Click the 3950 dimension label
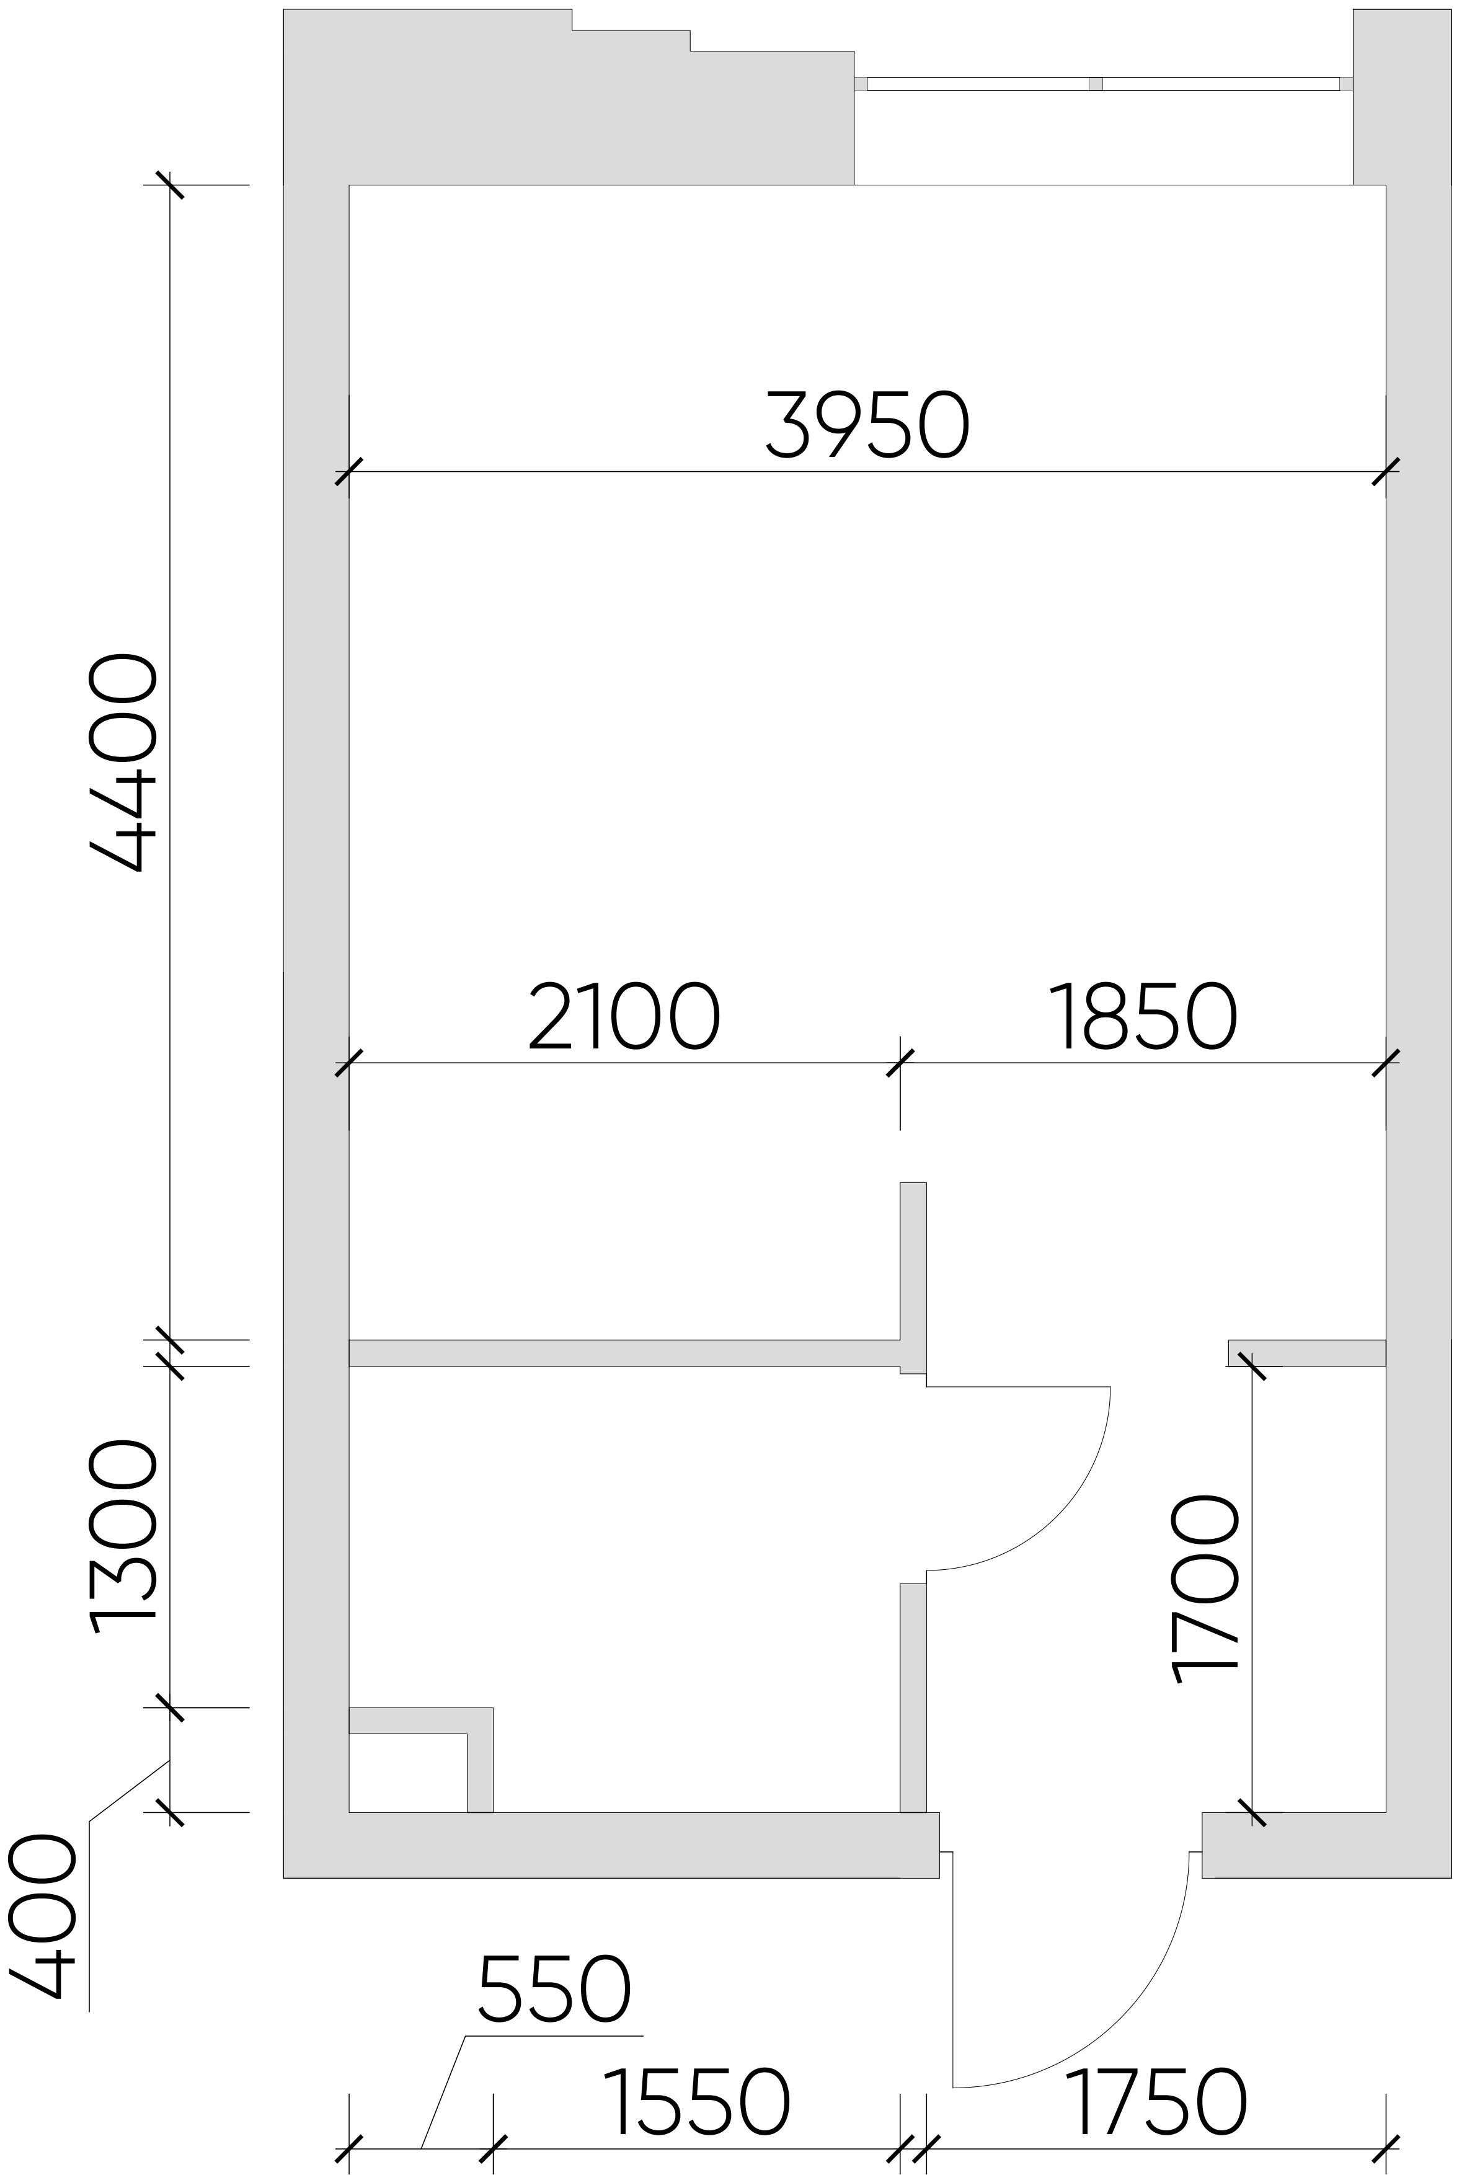coord(867,426)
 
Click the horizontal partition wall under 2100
coord(624,1353)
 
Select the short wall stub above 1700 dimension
coord(1307,1353)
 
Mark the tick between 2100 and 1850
coord(900,1063)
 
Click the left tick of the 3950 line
coord(349,471)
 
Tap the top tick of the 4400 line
coord(169,185)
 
